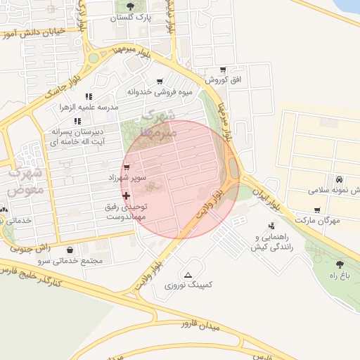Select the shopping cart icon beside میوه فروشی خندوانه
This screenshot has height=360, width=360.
[x=161, y=81]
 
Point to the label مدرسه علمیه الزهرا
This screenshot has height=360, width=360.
[x=89, y=107]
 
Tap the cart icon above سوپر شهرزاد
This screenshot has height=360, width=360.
[x=127, y=167]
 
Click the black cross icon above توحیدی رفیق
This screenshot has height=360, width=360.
[x=127, y=195]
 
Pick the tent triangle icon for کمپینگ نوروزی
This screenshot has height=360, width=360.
[x=188, y=275]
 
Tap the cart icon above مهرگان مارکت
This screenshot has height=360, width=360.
[x=317, y=210]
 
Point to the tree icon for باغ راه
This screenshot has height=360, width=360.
[x=340, y=264]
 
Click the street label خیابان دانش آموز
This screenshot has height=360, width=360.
[x=39, y=32]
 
